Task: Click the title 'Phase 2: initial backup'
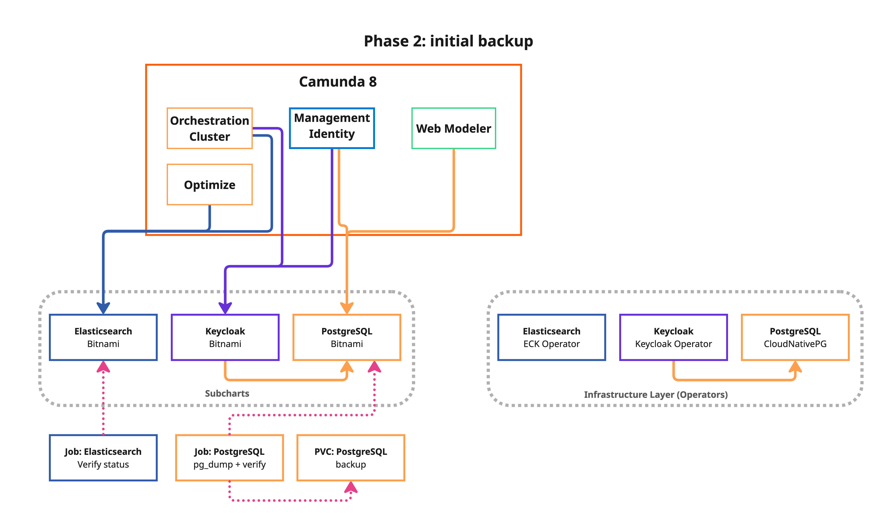[x=448, y=41]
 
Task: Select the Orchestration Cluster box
[x=209, y=128]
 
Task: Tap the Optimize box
[x=209, y=185]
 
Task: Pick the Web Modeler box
[x=453, y=128]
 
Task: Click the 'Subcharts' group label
[x=227, y=393]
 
